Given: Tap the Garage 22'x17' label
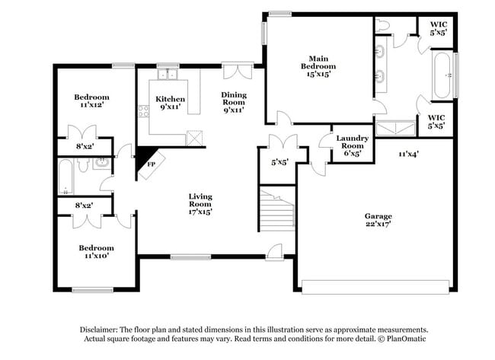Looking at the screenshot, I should (378, 221).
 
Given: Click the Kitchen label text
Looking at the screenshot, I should (168, 104).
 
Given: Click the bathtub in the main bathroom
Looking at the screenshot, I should (443, 76).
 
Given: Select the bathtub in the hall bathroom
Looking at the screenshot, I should (66, 177).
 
